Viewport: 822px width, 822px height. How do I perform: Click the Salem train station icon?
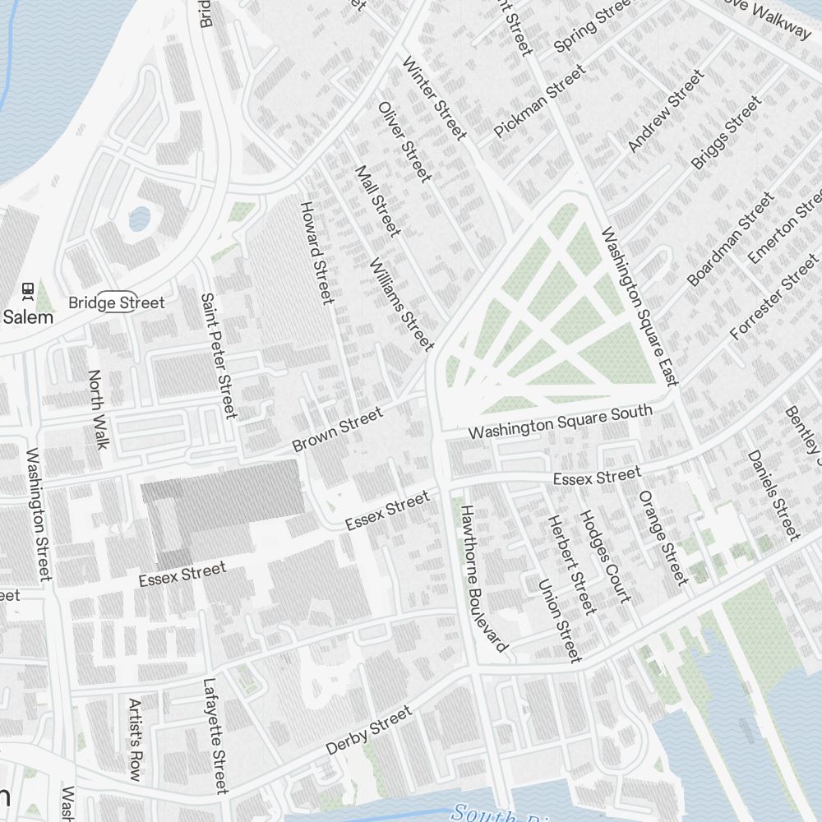28,290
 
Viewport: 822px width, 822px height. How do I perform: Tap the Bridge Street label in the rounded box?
116,302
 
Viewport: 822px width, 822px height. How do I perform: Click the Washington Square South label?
560,422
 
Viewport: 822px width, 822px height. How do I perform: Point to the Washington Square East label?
640,306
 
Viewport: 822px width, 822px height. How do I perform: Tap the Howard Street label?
316,252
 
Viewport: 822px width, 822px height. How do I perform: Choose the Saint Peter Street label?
219,354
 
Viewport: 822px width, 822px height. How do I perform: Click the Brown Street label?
338,430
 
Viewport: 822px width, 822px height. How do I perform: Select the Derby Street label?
368,731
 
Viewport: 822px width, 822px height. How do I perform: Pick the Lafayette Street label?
215,736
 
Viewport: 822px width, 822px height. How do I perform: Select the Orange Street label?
663,538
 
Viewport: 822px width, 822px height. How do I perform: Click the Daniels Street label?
773,494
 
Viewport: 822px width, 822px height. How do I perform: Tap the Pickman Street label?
540,102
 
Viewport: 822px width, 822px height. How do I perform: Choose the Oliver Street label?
404,141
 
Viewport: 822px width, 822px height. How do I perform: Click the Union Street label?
561,620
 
